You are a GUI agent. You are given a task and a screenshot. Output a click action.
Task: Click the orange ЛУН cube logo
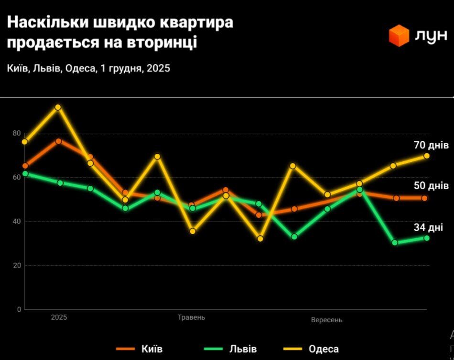coord(399,36)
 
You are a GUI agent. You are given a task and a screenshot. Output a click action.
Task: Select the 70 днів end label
coord(431,145)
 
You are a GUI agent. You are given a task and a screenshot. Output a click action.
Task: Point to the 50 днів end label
coord(431,185)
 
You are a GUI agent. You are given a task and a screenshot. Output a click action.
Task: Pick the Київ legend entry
coord(152,349)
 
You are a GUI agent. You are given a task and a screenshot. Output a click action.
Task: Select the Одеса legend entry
coord(324,349)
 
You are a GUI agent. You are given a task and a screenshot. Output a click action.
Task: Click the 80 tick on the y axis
coord(17,133)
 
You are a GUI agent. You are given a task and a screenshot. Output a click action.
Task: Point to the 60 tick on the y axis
coord(17,177)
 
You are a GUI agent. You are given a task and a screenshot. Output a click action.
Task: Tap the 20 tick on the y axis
coord(17,265)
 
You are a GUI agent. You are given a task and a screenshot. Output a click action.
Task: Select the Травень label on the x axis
coord(191,318)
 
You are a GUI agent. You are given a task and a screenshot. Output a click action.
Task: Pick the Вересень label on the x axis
coord(326,319)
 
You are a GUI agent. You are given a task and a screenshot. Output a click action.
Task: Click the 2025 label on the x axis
coord(59,317)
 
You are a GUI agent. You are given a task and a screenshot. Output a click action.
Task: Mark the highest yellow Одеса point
coord(58,107)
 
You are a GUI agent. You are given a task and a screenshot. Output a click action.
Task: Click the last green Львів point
coord(426,238)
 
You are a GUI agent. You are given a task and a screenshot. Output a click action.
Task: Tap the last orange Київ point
coord(424,198)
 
